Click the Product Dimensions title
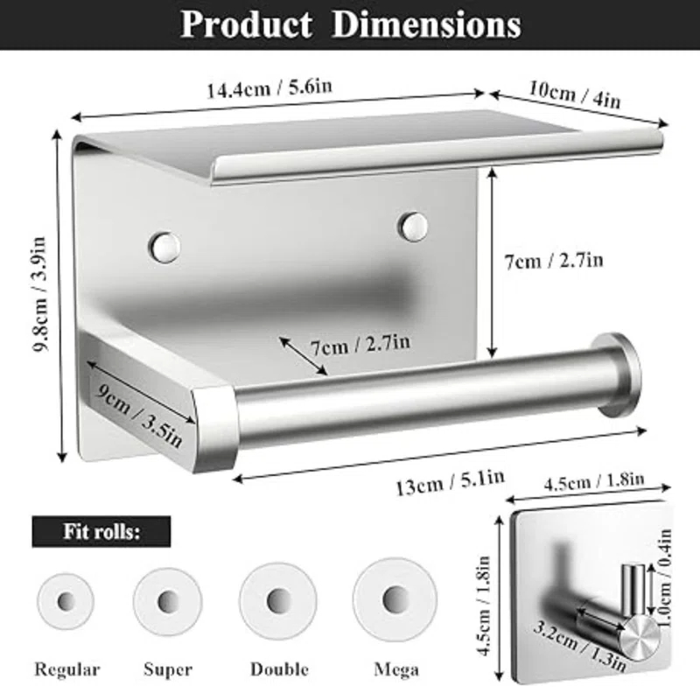point(350,24)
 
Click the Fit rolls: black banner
point(101,530)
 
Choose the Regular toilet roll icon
point(66,603)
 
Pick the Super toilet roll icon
point(166,603)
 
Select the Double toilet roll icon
point(279,601)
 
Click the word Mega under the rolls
point(395,669)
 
